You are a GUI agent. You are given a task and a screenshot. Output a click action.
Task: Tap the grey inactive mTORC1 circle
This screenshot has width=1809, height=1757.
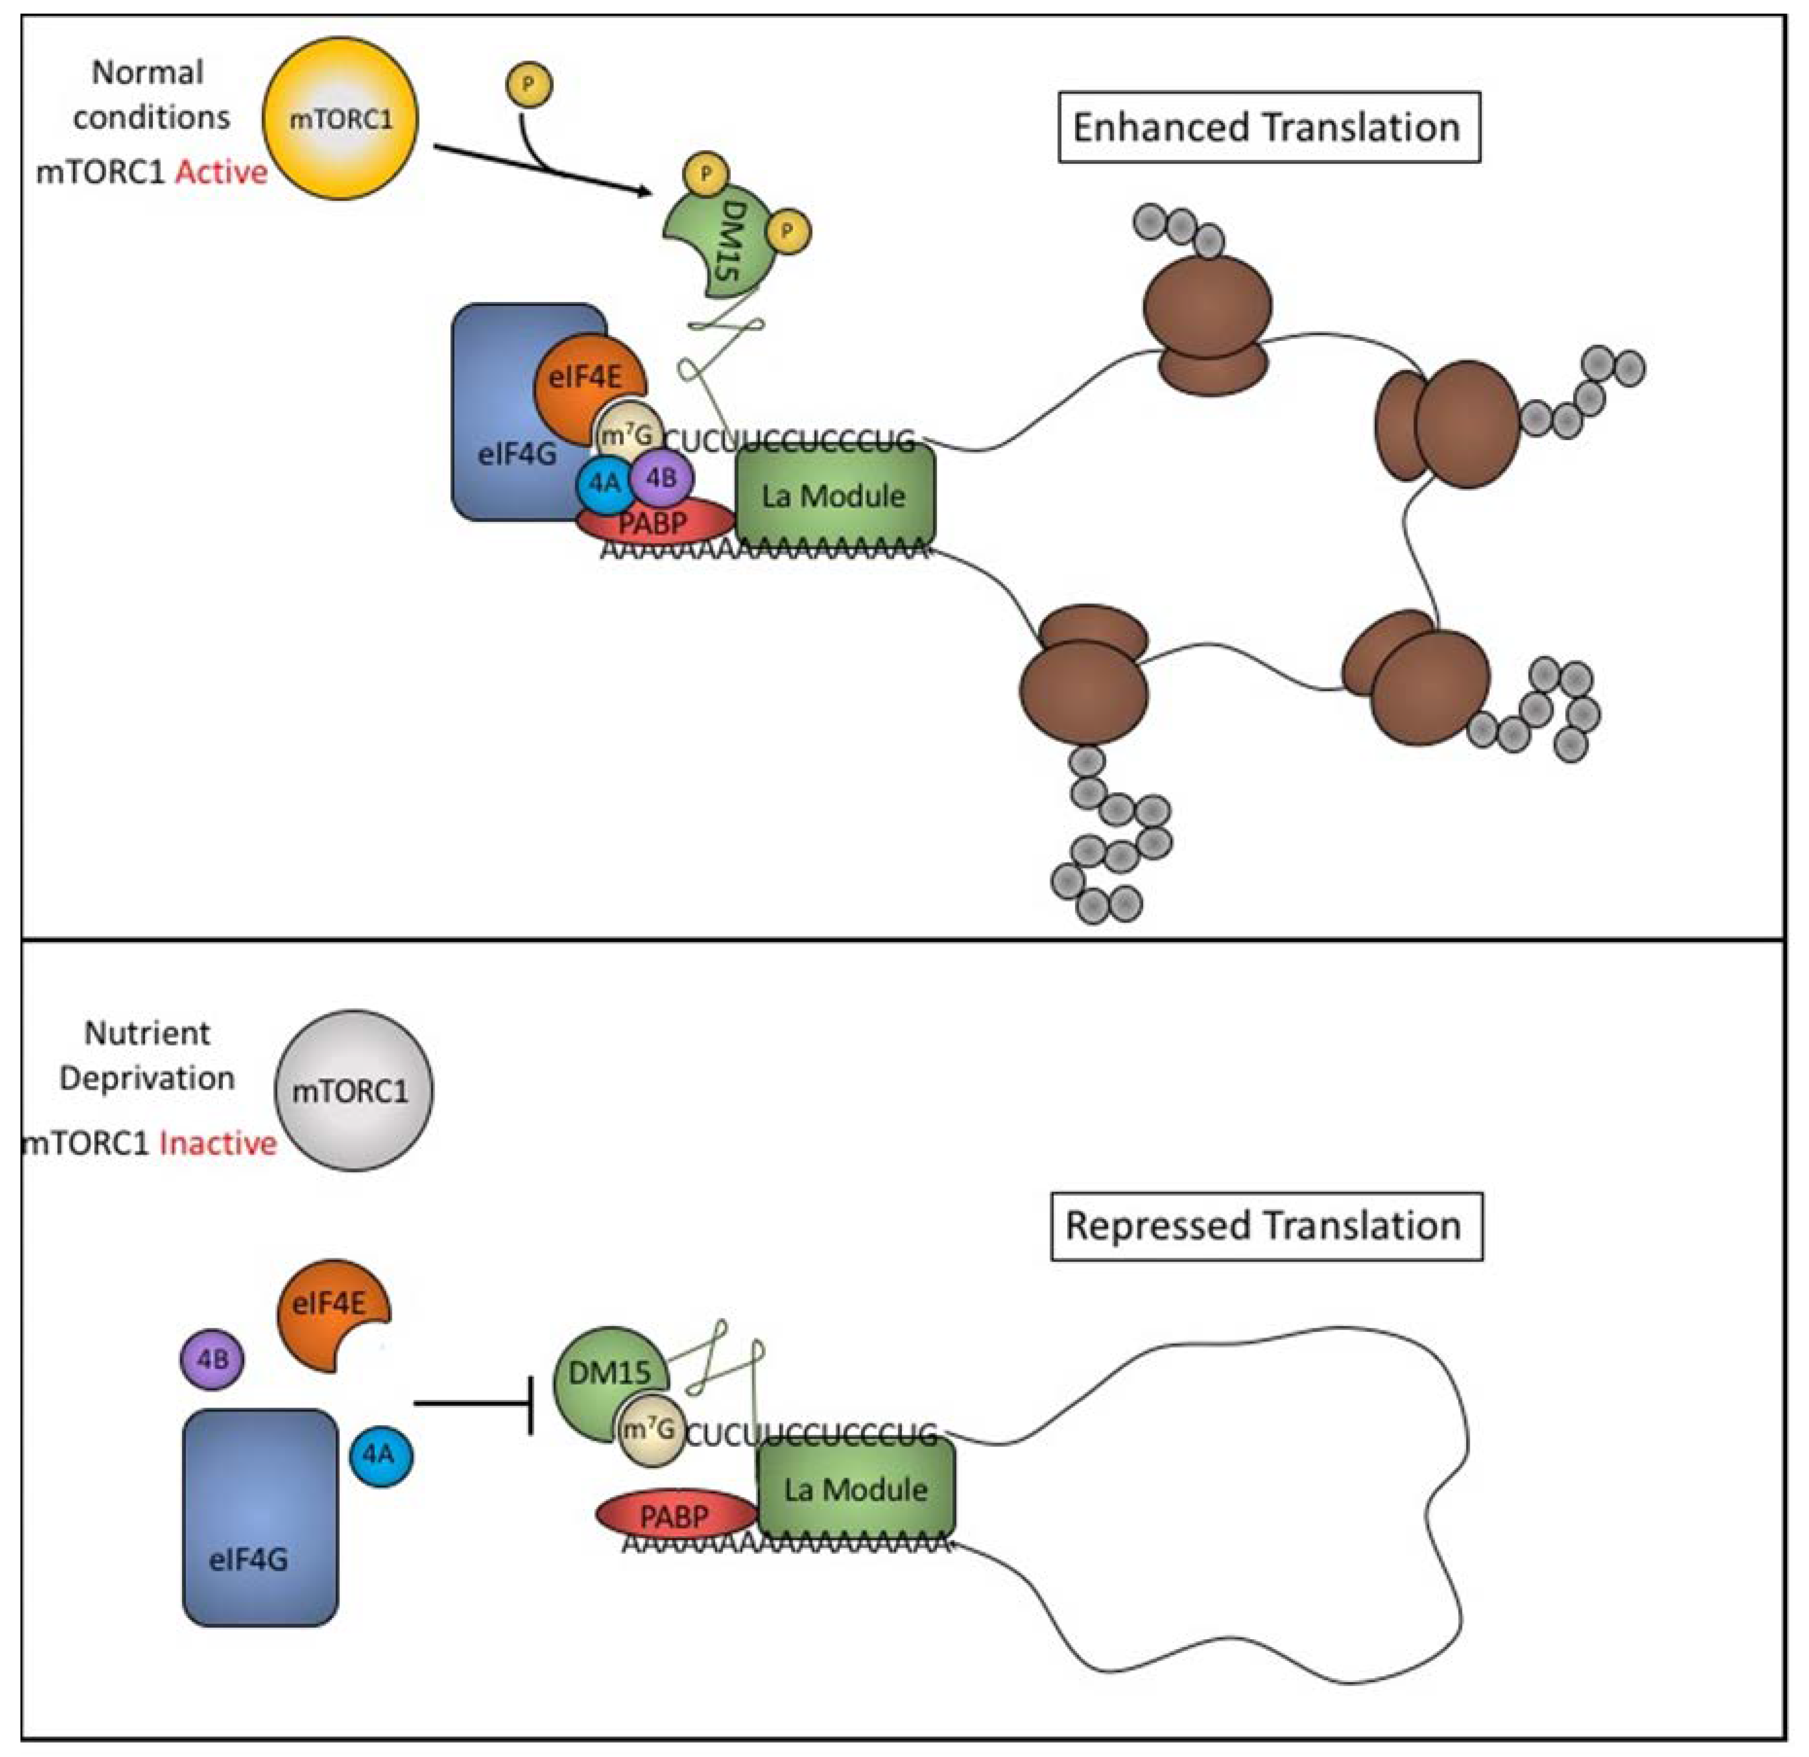tap(354, 1091)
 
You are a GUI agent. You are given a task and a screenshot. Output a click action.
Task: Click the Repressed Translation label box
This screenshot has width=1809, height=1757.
tap(1265, 1226)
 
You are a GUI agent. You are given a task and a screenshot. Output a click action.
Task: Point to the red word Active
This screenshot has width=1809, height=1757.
tap(221, 172)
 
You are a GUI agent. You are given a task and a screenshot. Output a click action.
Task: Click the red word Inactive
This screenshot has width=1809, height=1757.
tap(218, 1143)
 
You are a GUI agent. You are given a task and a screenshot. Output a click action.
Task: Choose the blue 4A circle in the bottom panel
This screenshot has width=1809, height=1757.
tap(380, 1455)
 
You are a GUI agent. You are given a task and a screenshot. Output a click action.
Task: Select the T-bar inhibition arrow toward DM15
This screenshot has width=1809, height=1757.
tap(475, 1404)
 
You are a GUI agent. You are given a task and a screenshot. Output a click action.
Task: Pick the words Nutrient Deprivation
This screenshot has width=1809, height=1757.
tap(148, 1055)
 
